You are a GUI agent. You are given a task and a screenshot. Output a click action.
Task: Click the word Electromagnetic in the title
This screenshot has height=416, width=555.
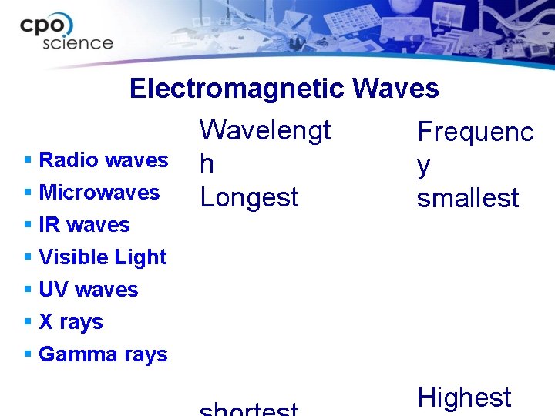[237, 89]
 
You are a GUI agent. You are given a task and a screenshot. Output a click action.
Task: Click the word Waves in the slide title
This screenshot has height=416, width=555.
[395, 89]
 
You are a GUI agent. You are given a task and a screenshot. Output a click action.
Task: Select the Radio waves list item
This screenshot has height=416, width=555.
[103, 160]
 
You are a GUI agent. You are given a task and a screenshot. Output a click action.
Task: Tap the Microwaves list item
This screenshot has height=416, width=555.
[99, 193]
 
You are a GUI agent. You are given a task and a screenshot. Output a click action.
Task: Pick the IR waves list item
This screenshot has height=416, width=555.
[84, 225]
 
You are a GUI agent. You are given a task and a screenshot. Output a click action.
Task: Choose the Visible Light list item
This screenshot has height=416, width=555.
[103, 257]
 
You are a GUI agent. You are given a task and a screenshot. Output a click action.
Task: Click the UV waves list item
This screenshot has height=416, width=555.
[88, 290]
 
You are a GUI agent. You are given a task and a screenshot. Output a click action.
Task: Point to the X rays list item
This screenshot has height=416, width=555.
[70, 322]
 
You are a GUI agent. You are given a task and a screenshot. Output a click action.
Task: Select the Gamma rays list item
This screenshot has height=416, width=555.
[103, 354]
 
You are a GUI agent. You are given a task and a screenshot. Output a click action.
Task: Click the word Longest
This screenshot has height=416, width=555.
[249, 198]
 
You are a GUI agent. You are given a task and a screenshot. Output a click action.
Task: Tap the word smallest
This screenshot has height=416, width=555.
[468, 198]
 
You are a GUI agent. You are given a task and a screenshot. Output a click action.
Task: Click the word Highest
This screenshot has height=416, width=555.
[464, 398]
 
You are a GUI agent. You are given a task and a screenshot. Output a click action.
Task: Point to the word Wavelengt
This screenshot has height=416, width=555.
[265, 130]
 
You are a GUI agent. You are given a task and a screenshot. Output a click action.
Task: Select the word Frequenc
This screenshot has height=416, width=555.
[475, 132]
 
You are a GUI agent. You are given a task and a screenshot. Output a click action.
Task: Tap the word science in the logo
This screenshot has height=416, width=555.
[77, 43]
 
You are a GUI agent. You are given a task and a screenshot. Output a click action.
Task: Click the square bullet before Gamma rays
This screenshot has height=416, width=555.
[28, 354]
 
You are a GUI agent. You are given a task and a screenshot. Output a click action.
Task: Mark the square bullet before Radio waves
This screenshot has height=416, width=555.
[28, 160]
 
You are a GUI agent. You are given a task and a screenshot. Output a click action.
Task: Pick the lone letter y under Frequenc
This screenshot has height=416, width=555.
[423, 166]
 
